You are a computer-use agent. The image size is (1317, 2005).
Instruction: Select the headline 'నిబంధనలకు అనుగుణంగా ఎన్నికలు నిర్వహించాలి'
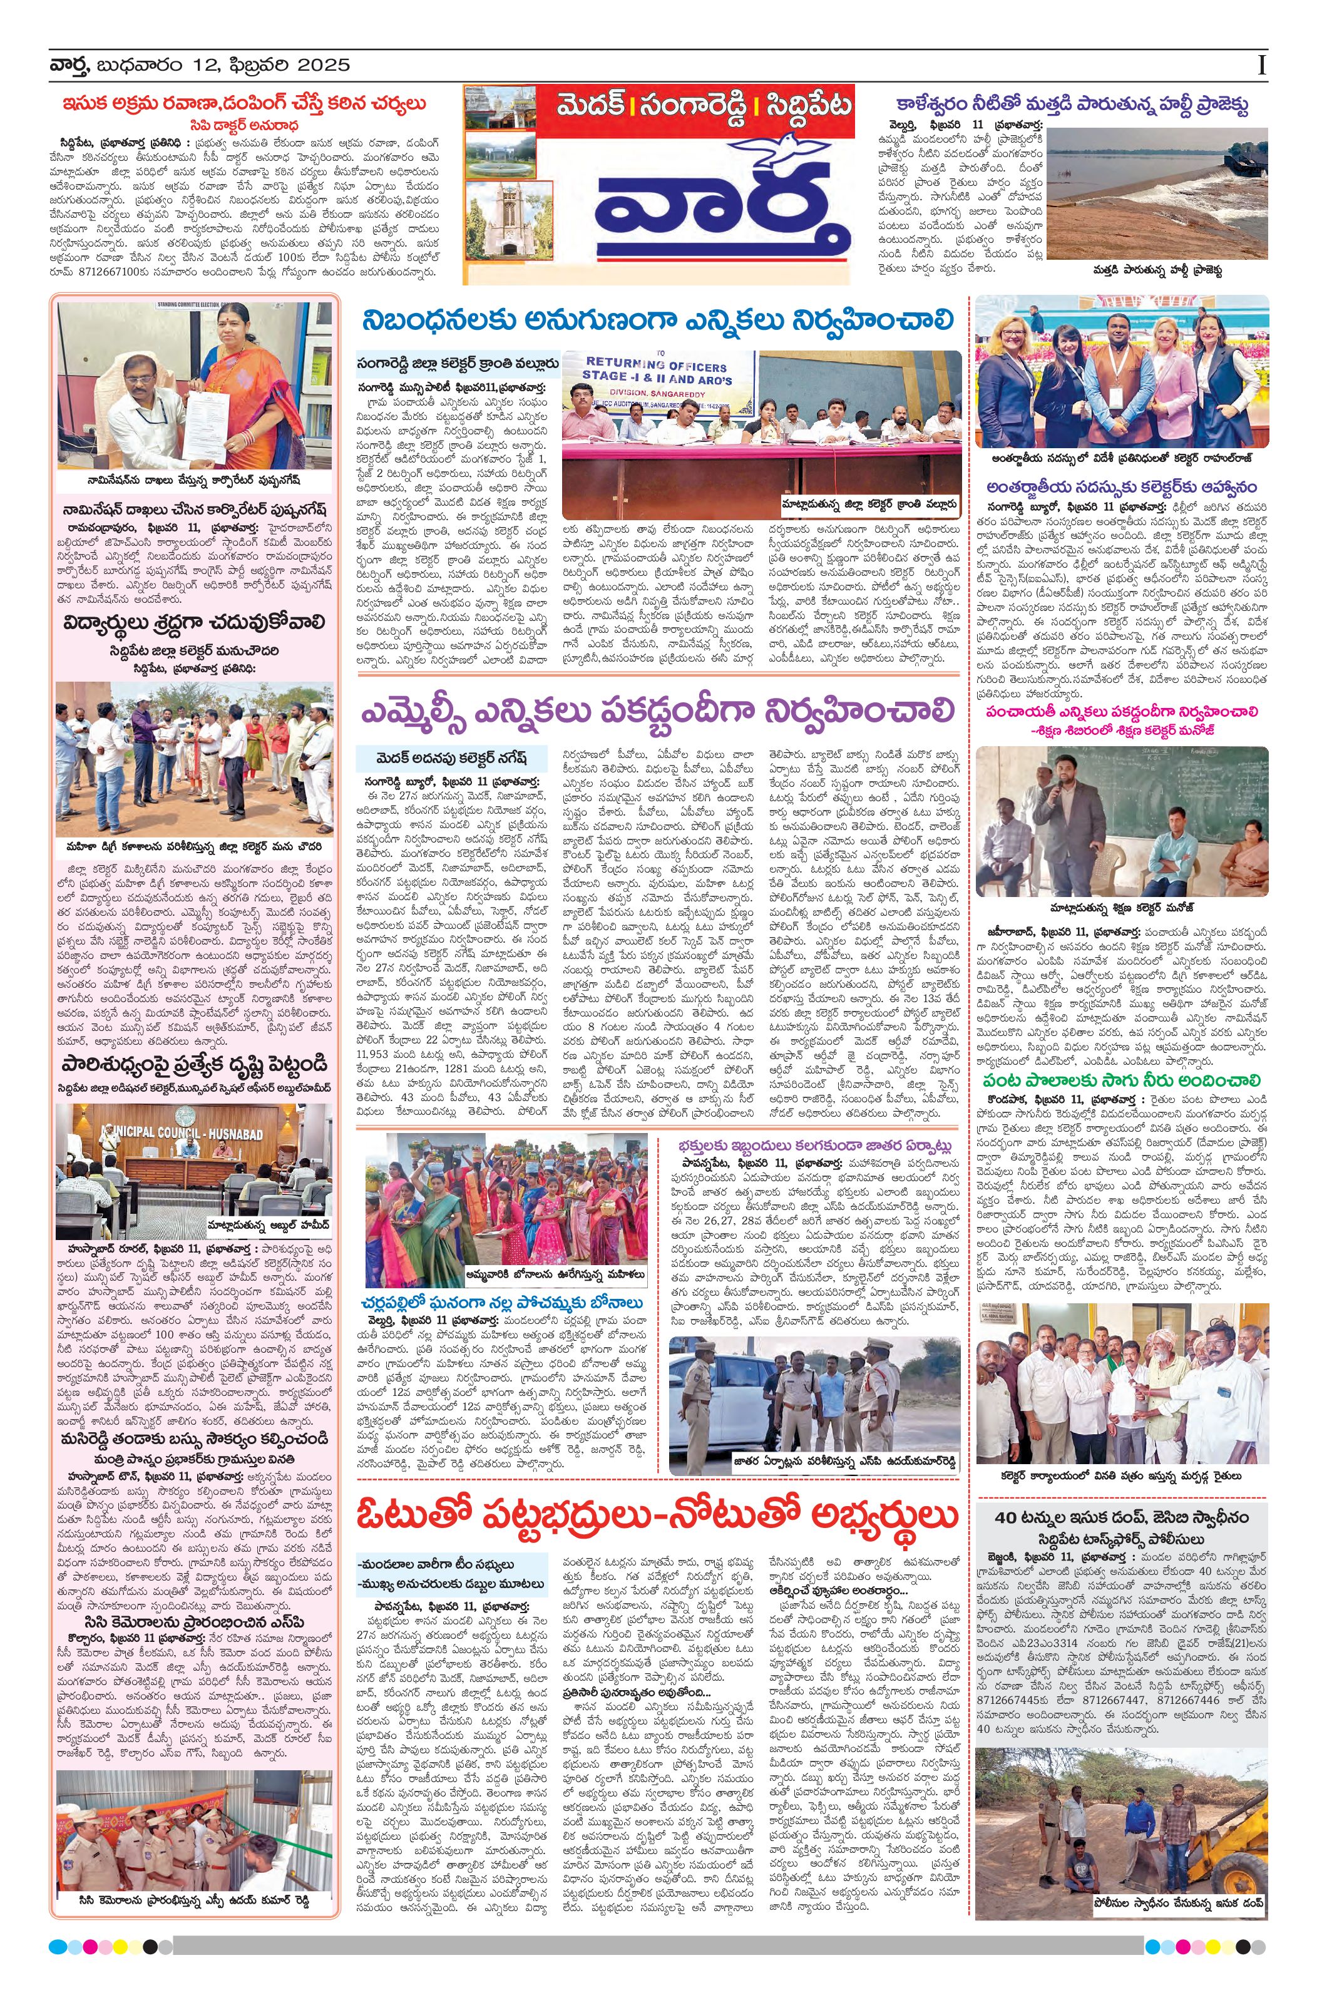coord(658,321)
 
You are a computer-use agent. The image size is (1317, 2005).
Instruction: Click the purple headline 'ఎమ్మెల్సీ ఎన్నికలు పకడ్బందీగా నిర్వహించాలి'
coord(658,709)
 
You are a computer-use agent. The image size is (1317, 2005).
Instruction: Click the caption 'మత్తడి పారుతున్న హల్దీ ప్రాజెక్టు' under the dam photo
coord(1156,271)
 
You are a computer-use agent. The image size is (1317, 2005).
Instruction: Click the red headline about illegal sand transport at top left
coord(244,104)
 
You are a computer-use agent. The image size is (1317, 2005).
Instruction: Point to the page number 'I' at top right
coord(1261,66)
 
